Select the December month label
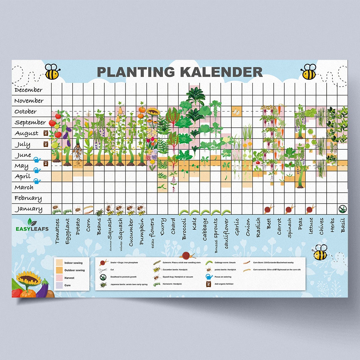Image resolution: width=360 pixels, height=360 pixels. (29, 90)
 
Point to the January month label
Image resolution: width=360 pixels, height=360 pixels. (28, 209)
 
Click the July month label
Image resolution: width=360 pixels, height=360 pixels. (23, 145)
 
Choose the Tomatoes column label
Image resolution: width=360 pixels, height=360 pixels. (57, 231)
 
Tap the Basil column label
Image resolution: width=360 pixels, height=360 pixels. (343, 225)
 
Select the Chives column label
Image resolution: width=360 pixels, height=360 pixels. (321, 227)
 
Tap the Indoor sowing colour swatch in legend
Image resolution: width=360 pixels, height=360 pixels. (59, 263)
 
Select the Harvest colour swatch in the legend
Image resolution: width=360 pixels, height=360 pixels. (59, 278)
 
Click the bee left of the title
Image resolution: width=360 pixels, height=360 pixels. (52, 72)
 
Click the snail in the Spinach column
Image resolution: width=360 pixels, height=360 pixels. (290, 210)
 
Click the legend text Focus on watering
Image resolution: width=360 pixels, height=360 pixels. (223, 277)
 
